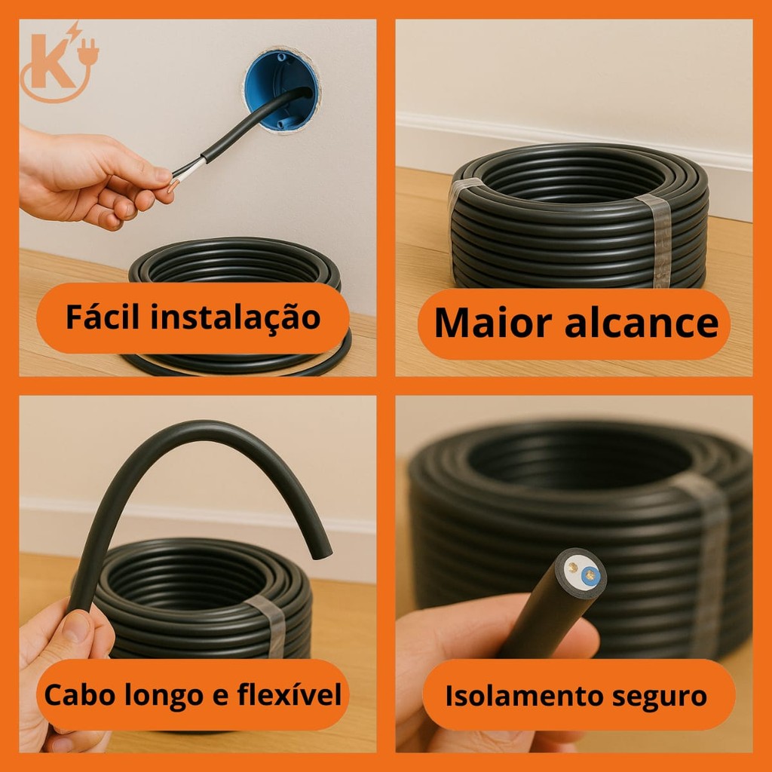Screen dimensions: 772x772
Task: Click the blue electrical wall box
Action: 280,90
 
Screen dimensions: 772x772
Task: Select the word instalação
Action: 235,317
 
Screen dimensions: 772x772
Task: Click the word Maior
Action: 493,323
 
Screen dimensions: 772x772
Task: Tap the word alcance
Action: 641,324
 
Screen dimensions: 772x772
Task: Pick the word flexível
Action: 289,694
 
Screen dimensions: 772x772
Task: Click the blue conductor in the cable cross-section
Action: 590,574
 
